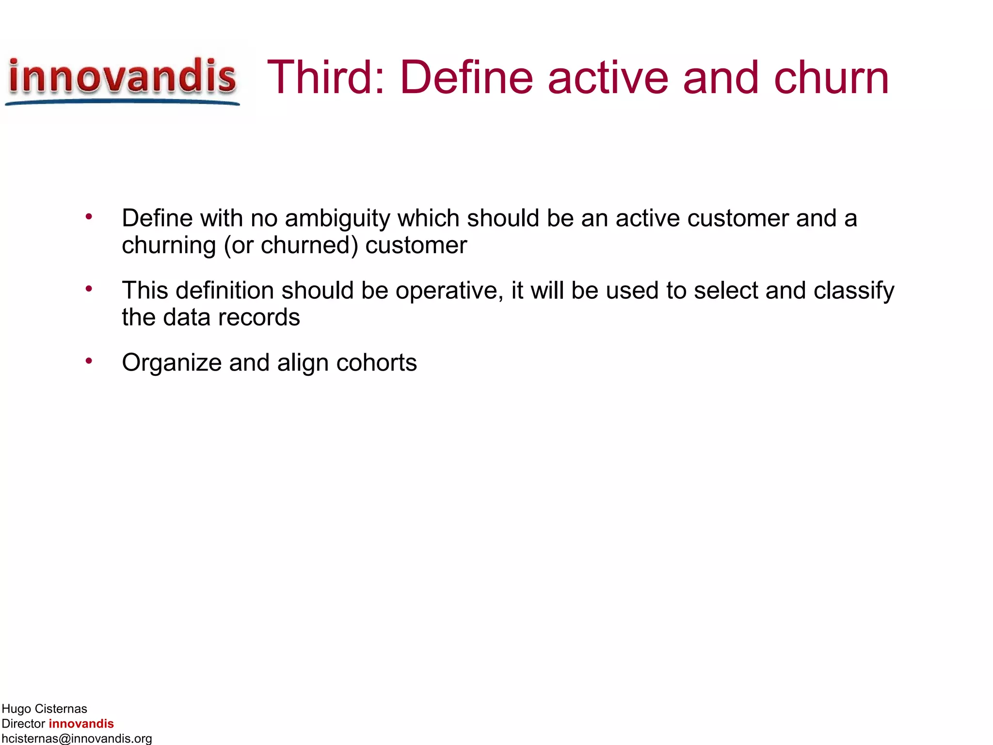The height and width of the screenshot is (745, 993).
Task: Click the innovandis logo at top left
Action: click(122, 79)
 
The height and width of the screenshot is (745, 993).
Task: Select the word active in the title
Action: click(608, 78)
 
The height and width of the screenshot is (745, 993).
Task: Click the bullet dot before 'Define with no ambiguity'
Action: click(89, 217)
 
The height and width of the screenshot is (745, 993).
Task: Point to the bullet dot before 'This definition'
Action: click(89, 289)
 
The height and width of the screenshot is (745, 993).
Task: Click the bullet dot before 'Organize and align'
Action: click(89, 361)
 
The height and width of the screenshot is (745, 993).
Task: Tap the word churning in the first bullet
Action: click(169, 246)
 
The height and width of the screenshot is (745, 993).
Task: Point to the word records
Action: click(259, 318)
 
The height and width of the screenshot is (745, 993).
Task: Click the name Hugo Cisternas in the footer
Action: click(45, 709)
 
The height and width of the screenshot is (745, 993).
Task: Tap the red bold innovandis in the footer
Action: click(81, 724)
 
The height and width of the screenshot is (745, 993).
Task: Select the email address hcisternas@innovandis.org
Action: click(77, 738)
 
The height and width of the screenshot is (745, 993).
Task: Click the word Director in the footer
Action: click(23, 724)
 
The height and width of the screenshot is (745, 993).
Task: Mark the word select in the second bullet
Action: click(725, 291)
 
